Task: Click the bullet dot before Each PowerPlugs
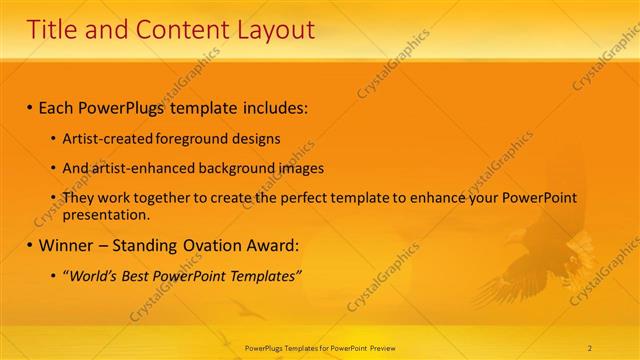[x=30, y=106]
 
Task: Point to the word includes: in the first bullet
[x=270, y=106]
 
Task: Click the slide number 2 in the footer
[x=590, y=347]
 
